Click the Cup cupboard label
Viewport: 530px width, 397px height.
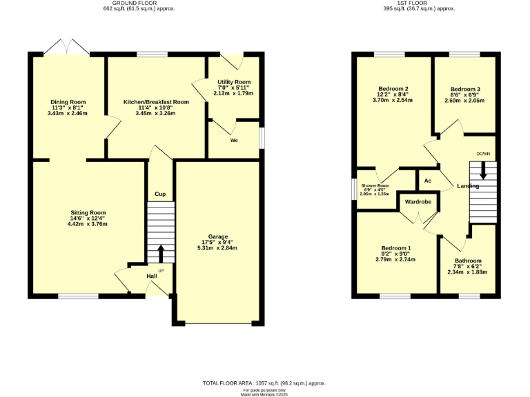(160, 194)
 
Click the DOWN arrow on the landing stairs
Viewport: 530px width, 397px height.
(483, 171)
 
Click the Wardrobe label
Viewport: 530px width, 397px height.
(418, 203)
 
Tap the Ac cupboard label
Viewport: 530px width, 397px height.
(428, 181)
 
